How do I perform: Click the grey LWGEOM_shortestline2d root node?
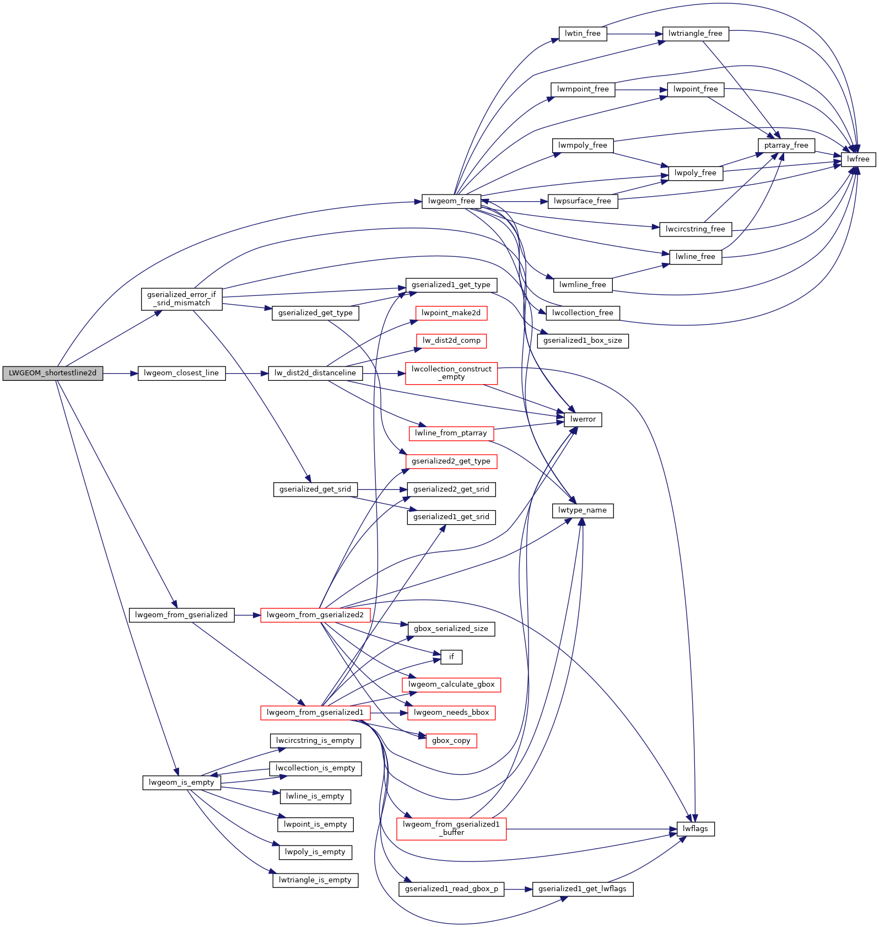pos(52,373)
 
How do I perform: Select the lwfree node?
pos(858,159)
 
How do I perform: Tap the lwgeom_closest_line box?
pos(181,373)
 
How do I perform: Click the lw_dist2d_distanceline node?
pos(315,373)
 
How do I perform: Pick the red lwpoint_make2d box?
pos(451,313)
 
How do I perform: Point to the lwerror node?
pos(583,419)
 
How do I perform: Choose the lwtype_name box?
pos(582,510)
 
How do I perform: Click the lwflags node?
pos(695,829)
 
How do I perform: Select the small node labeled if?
pos(451,657)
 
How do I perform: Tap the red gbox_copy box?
pos(451,741)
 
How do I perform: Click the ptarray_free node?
pos(786,145)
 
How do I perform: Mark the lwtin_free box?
pos(583,34)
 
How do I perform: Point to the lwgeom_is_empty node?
pos(181,783)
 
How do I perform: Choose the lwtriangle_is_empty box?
pos(315,880)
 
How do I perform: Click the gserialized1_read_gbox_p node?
pos(451,889)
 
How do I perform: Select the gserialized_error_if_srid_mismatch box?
pos(181,299)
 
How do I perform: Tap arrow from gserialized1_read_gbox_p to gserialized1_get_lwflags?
pos(518,889)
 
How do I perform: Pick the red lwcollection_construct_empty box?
pos(451,373)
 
